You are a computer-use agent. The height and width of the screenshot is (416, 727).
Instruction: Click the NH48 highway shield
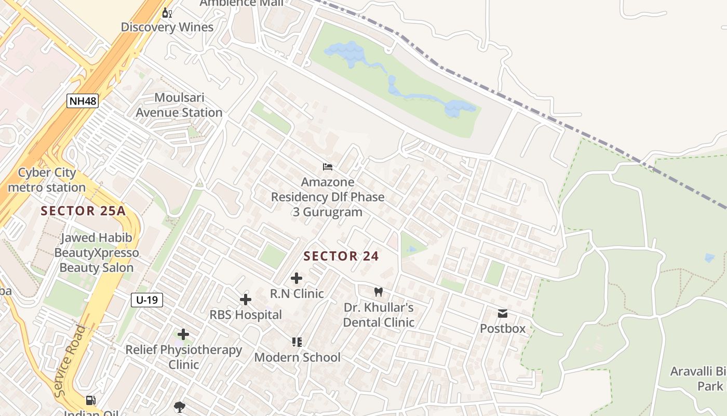coord(83,100)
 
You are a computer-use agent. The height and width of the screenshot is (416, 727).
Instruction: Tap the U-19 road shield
coord(147,300)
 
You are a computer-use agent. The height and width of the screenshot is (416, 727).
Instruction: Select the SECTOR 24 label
coord(341,256)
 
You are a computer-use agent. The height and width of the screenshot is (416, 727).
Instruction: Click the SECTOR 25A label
coord(83,211)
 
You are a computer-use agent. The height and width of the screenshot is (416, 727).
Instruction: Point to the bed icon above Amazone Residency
coord(328,167)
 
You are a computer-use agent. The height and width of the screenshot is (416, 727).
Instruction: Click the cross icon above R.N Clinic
coord(297,278)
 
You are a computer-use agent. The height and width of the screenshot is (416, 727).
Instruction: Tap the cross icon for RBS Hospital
coord(246,300)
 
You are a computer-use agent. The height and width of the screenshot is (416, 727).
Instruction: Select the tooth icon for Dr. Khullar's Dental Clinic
coord(379,292)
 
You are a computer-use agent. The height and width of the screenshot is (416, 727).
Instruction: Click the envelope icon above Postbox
coord(503,313)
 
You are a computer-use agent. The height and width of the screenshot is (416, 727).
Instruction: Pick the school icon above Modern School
coord(297,342)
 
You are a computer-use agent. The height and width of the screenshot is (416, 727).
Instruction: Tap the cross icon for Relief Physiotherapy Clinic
coord(183,334)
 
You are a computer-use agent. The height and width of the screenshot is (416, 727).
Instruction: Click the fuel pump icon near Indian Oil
coord(91,400)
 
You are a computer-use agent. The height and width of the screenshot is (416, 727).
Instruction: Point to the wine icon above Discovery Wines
coord(167,12)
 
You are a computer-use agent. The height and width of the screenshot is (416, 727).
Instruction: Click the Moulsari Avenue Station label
coord(179,105)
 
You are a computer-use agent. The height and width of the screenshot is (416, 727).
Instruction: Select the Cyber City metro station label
coord(47,180)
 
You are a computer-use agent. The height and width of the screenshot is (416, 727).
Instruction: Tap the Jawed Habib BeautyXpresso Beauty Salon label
coord(97,253)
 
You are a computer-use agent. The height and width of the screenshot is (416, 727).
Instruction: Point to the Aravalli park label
coord(698,379)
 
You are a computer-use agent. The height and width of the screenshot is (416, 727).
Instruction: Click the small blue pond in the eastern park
coord(709,257)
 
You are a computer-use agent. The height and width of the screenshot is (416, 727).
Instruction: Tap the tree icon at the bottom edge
coord(180,407)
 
